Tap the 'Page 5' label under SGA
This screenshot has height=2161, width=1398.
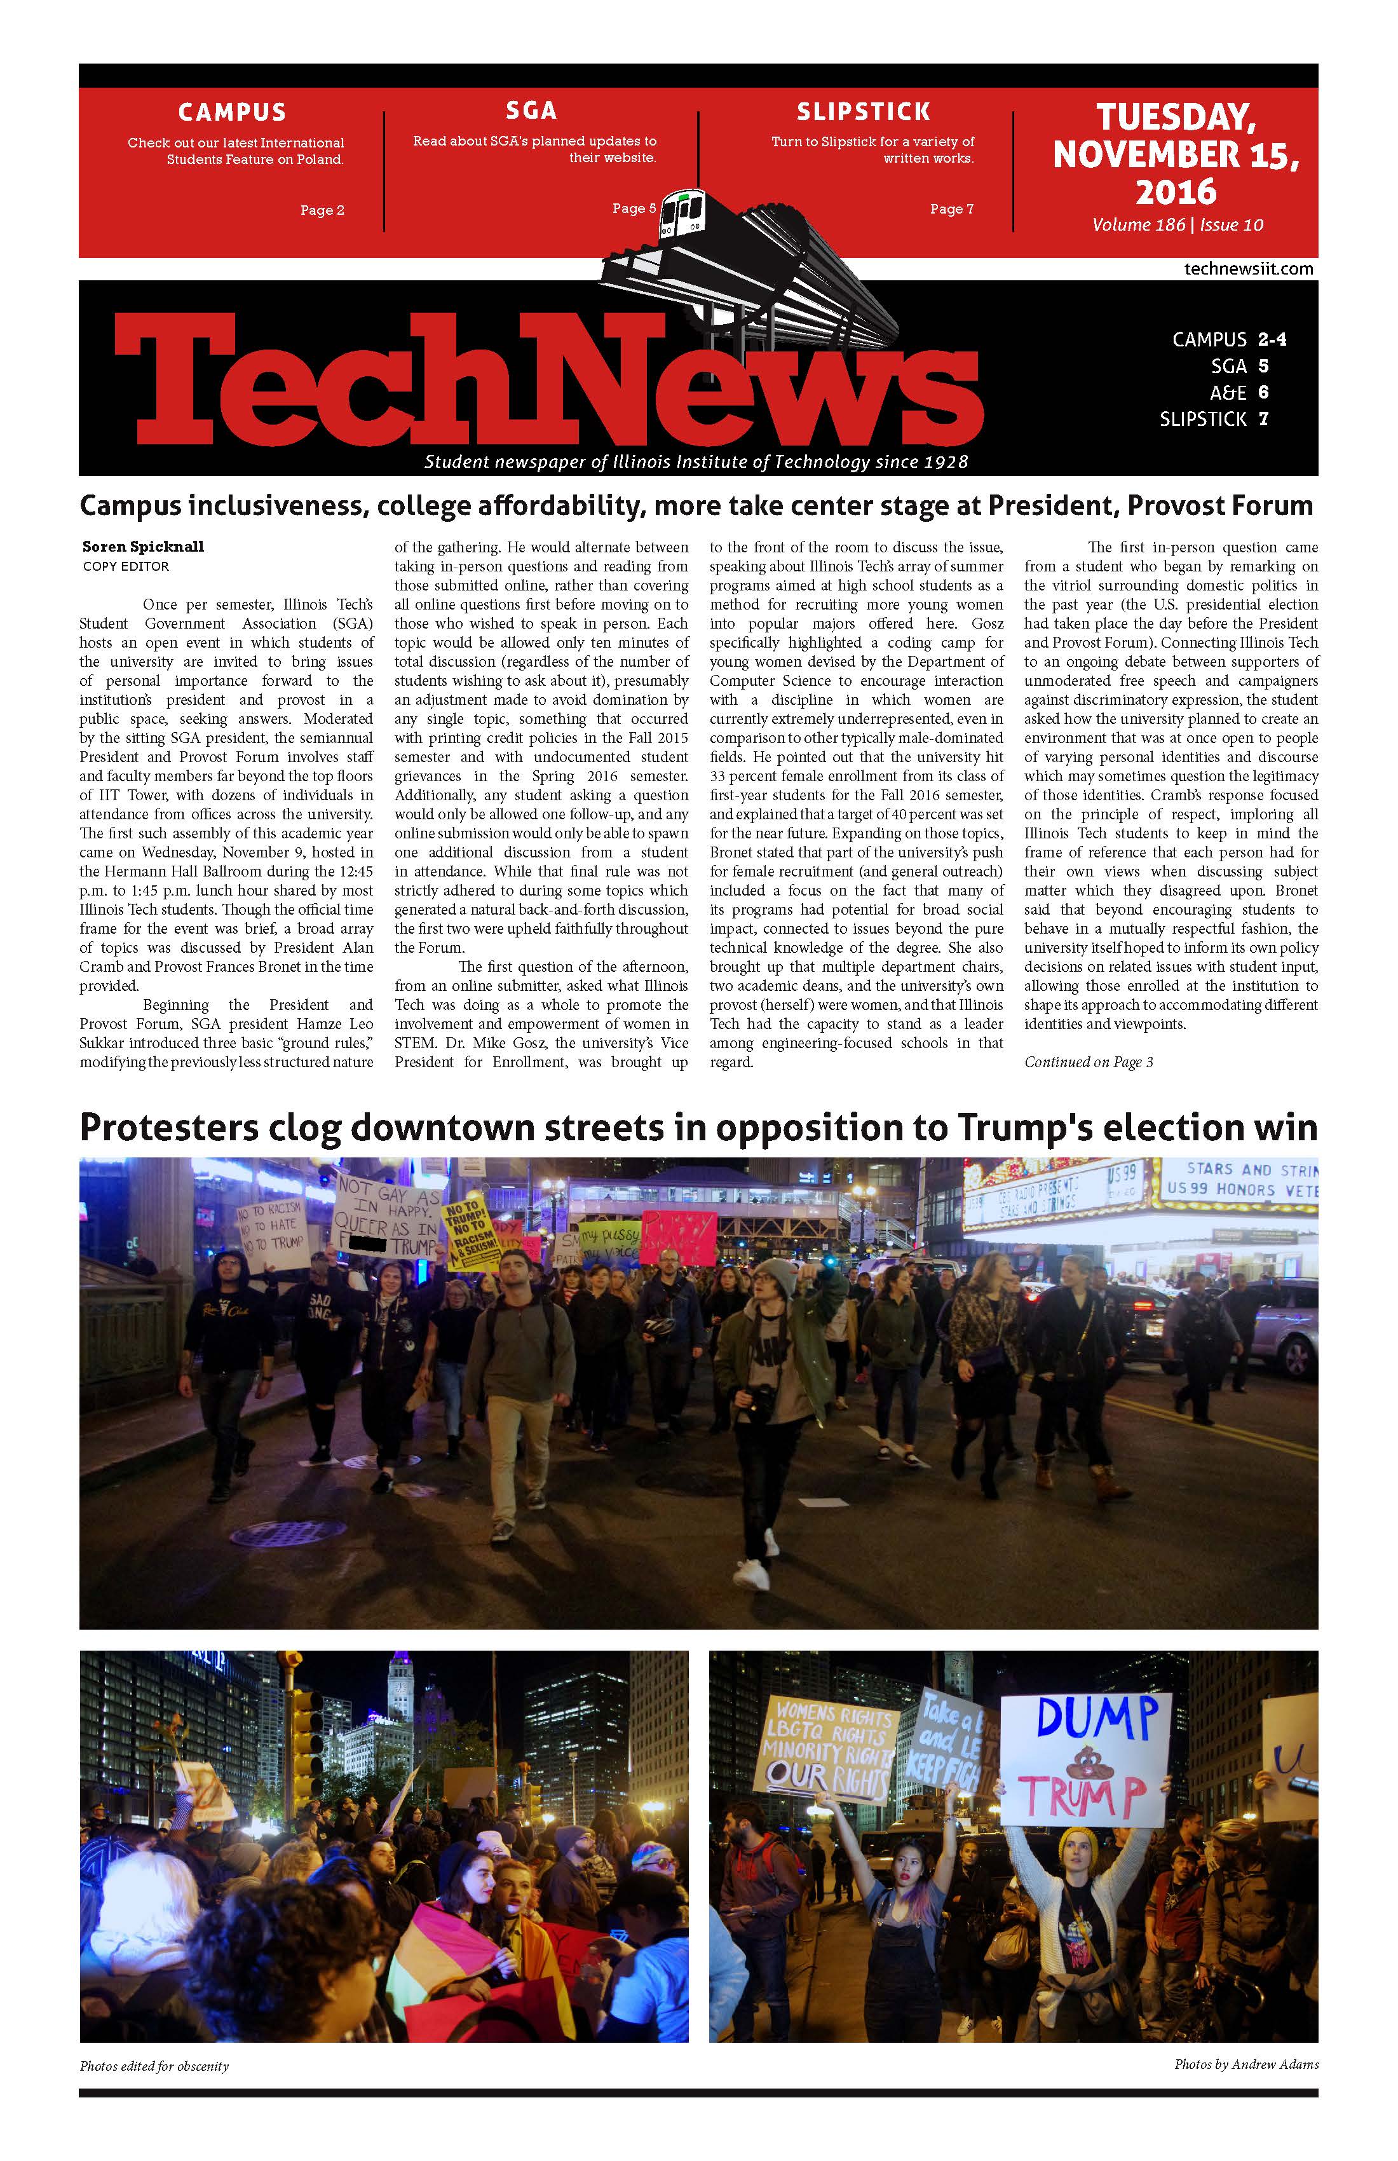pos(634,208)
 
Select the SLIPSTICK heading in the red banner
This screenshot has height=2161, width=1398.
pos(864,112)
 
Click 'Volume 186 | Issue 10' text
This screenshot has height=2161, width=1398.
pos(1177,225)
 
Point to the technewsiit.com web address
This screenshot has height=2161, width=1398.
pos(1248,269)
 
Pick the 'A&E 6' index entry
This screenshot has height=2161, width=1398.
pos(1239,392)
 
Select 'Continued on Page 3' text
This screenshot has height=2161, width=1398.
pos(1089,1061)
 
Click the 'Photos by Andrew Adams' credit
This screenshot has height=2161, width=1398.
pos(1245,2064)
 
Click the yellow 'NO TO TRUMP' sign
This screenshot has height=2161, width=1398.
pos(470,1231)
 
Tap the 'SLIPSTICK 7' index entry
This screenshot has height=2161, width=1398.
pos(1213,419)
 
